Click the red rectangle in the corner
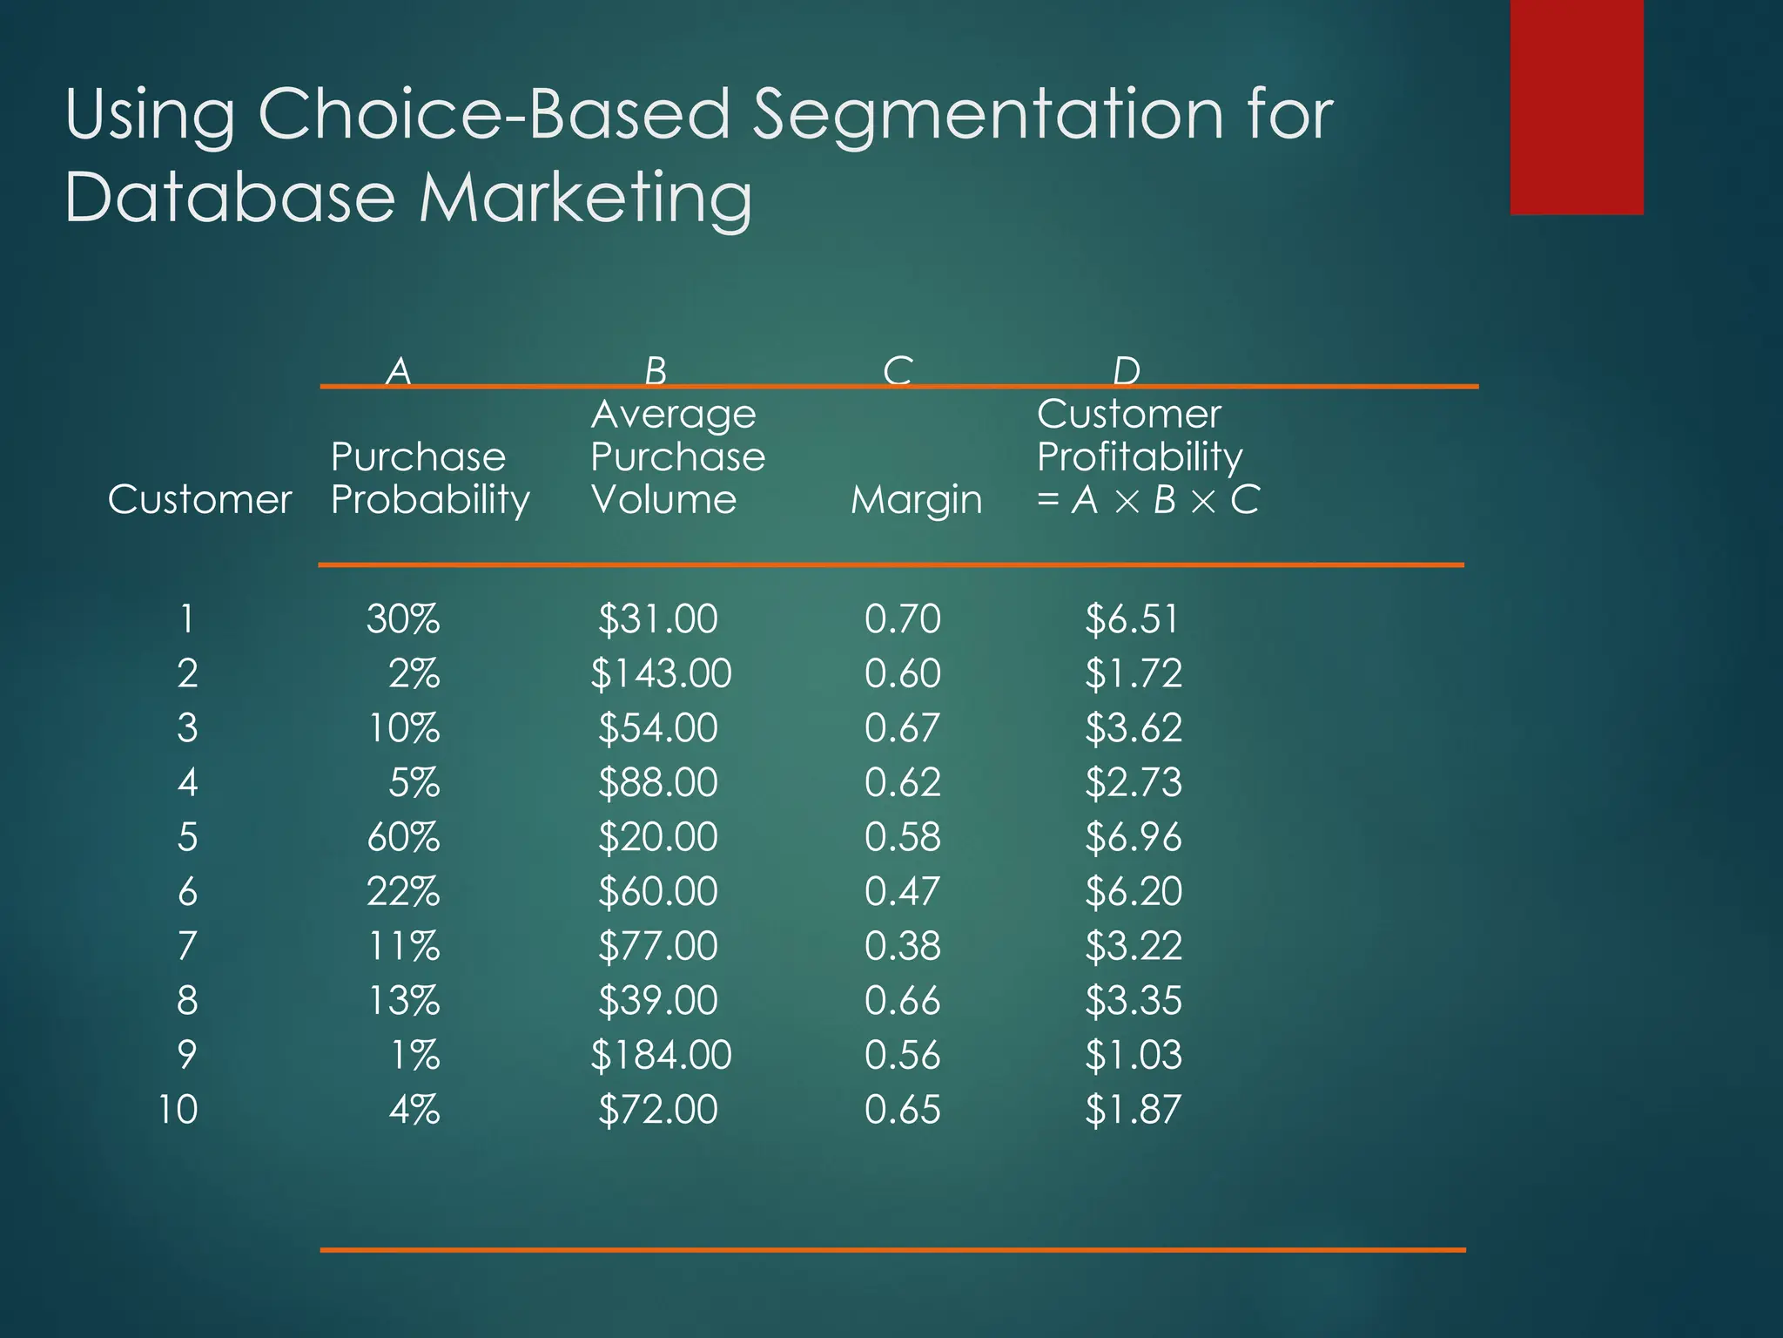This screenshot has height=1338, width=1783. pos(1576,106)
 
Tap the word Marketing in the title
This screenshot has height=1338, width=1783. pos(585,198)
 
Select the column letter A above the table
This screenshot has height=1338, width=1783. pos(399,371)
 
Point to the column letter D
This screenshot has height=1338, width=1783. pos(1126,371)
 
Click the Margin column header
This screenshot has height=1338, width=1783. pos(916,500)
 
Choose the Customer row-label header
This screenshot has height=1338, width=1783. pos(199,500)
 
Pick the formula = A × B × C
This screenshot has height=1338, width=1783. pos(1147,500)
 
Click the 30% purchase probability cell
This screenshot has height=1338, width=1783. pos(402,619)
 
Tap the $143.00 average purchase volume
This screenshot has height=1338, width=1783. pos(661,674)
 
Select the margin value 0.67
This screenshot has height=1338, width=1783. pos(902,728)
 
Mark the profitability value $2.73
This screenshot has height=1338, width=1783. pos(1133,782)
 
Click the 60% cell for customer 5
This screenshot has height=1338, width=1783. pos(402,837)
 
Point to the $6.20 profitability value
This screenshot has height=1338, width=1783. pos(1133,892)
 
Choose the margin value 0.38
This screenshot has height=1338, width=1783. pos(902,946)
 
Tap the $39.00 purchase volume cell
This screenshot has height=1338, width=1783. pos(657,1001)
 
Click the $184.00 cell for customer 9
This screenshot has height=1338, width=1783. pos(661,1055)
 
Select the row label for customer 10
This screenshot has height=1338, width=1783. pos(178,1110)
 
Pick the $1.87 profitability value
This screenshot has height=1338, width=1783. pos(1133,1110)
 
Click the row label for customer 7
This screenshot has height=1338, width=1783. pos(187,946)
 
